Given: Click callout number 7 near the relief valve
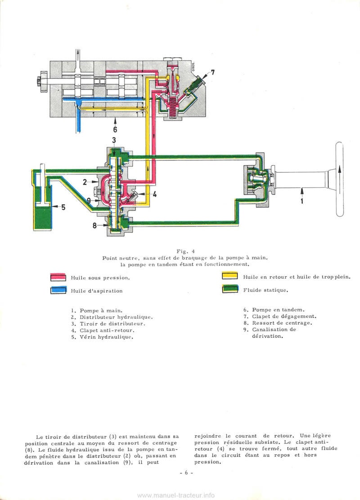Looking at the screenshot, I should [213, 72].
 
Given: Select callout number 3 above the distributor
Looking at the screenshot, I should [114, 140].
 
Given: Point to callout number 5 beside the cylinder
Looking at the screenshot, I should [63, 207].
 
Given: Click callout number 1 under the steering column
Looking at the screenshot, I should [301, 201].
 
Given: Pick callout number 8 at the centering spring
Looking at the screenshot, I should [94, 225].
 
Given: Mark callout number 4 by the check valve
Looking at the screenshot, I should [154, 195].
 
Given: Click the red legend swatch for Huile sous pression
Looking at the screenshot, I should [58, 277].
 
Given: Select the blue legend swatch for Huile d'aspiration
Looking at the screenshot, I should [58, 290].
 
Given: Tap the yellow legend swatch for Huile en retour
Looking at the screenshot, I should [230, 276].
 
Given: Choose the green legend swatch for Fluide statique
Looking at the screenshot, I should [230, 289].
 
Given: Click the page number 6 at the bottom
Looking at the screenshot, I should [185, 473].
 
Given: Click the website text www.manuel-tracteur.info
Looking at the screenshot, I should [175, 495].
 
